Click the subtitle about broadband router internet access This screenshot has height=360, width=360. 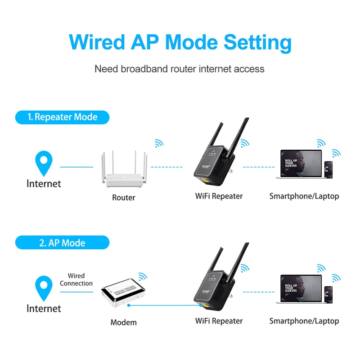tap(180, 69)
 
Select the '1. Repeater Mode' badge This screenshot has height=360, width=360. tap(63, 117)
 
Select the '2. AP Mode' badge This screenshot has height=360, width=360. tap(63, 243)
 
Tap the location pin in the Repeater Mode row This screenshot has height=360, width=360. tap(44, 163)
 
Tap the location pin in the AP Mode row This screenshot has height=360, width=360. tap(44, 288)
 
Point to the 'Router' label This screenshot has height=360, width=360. tap(123, 197)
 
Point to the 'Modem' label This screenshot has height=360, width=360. tap(123, 322)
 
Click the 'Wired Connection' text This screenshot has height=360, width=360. tap(76, 279)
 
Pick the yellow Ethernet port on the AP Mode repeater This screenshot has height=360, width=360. tap(203, 306)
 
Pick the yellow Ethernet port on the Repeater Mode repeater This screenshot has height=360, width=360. tap(203, 181)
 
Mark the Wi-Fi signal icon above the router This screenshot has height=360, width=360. tap(159, 143)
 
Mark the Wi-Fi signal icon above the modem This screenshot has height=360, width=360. tap(143, 276)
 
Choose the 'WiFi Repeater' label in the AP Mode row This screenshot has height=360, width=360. tap(219, 321)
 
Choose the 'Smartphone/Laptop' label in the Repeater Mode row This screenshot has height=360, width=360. tap(304, 196)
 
